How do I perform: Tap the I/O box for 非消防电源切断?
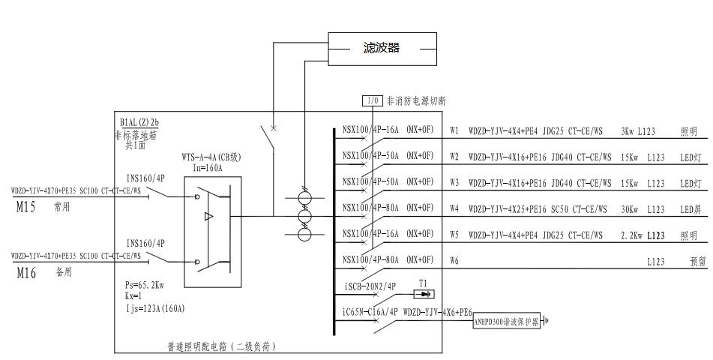click(373, 100)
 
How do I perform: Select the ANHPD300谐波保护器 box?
click(506, 322)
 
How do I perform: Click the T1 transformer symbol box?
click(423, 294)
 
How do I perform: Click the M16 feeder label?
click(26, 274)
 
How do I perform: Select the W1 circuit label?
click(454, 131)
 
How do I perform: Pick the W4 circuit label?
click(454, 208)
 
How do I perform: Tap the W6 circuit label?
click(454, 261)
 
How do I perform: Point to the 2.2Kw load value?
click(631, 235)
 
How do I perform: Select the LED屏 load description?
click(689, 208)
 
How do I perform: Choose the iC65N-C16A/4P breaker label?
click(370, 310)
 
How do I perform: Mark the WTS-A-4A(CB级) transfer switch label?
click(211, 157)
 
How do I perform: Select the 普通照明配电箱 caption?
click(222, 346)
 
